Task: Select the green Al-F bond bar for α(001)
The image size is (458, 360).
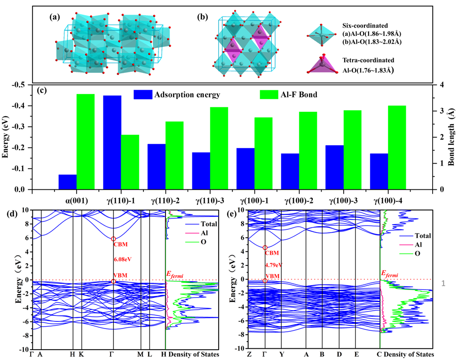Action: (x=86, y=141)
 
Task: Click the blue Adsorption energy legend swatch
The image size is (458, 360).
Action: (x=142, y=94)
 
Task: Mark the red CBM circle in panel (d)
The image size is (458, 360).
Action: (x=113, y=239)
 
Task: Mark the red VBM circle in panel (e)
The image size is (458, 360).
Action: (x=265, y=281)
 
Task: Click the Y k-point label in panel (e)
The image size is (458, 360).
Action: (x=282, y=354)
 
